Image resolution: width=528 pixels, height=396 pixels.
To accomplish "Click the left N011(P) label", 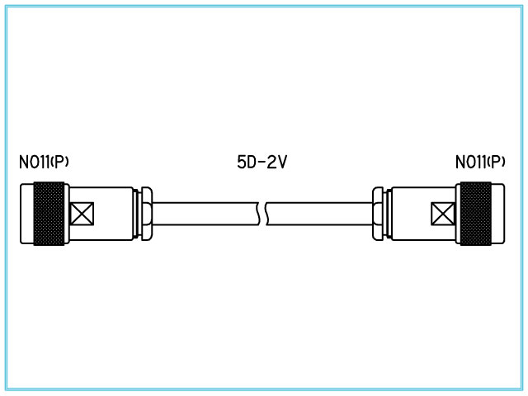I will point(44,163).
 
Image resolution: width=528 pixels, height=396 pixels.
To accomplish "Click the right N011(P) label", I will point(480,163).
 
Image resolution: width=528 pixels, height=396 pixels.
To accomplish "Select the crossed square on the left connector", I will point(82,214).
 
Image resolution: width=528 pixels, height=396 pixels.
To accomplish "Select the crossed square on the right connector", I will point(442,214).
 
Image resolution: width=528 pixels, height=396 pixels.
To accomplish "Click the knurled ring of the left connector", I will point(49,214).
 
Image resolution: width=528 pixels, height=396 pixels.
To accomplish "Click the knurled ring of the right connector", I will point(474,214).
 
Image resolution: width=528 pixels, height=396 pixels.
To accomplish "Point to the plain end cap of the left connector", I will point(26,214).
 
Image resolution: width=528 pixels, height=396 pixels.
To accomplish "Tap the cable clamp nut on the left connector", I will point(146,214).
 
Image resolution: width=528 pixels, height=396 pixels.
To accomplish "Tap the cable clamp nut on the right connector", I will point(378,214).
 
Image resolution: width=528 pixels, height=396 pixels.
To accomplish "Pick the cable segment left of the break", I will point(206,214).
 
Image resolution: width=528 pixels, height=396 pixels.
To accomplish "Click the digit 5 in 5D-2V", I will point(231,163).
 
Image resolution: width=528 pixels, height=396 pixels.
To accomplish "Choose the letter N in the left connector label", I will point(23,163).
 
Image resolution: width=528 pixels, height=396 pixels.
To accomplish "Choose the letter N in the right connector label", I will point(460,163).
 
